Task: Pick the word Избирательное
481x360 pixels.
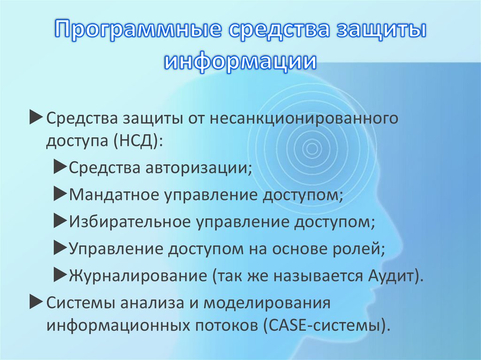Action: coord(127,221)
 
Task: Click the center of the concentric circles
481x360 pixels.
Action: coord(310,149)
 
